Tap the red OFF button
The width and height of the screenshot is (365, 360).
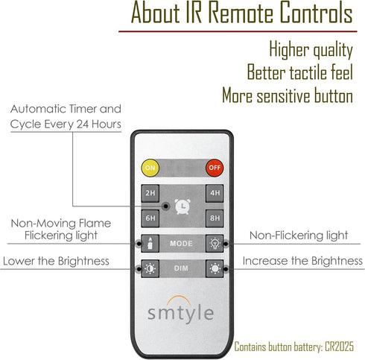(x=215, y=168)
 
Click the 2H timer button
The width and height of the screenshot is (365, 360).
(x=150, y=193)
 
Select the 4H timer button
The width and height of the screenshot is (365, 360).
(x=215, y=193)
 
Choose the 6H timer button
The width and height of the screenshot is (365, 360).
(x=150, y=218)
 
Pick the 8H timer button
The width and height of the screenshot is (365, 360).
(x=215, y=218)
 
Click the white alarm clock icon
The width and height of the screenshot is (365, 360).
(x=182, y=206)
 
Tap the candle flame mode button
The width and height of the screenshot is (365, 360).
(x=150, y=244)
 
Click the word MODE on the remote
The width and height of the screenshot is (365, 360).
(x=181, y=244)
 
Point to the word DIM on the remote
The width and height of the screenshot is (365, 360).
(x=181, y=268)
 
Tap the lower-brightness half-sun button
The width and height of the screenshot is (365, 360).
(x=150, y=268)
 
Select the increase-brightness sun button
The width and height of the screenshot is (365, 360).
(x=215, y=268)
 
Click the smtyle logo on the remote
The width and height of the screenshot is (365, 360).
(x=180, y=310)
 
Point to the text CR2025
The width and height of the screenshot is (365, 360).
(x=339, y=347)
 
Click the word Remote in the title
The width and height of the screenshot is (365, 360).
(x=241, y=13)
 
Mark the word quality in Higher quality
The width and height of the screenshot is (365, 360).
(x=333, y=50)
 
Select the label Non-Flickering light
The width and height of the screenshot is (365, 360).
(x=299, y=236)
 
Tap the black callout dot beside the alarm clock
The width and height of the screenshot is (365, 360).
(x=166, y=206)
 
